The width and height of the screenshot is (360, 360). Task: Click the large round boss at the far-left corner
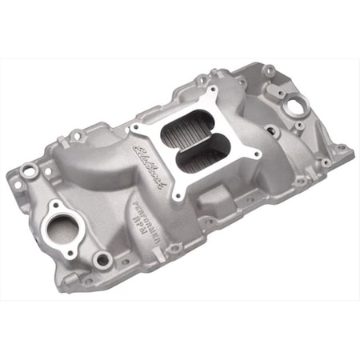point(30,170)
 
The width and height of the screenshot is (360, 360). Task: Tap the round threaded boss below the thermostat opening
point(102,258)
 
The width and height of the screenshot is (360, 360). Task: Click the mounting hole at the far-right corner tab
point(342,149)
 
